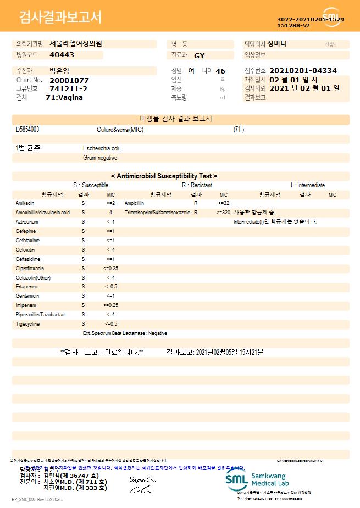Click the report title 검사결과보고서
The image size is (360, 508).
(x=60, y=18)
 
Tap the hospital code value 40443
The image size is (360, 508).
(x=62, y=55)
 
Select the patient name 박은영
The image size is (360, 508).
(x=59, y=71)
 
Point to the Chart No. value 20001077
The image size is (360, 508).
(x=69, y=80)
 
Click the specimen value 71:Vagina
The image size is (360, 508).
(x=64, y=97)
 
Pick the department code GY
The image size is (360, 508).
(x=200, y=55)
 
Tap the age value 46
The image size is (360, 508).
(x=220, y=71)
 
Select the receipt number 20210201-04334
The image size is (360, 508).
(x=303, y=71)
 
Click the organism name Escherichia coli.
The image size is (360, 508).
(x=102, y=148)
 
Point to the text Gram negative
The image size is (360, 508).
(x=100, y=158)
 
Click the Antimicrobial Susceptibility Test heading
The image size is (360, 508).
(x=164, y=176)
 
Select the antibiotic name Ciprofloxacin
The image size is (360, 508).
(x=30, y=268)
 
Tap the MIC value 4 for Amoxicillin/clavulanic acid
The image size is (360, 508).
(x=110, y=212)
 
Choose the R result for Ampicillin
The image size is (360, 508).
(x=196, y=203)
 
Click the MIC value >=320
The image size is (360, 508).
(x=224, y=212)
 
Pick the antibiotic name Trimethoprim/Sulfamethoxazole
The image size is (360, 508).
(x=157, y=212)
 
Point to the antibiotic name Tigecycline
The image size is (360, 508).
(x=28, y=323)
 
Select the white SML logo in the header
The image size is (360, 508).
(x=331, y=17)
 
